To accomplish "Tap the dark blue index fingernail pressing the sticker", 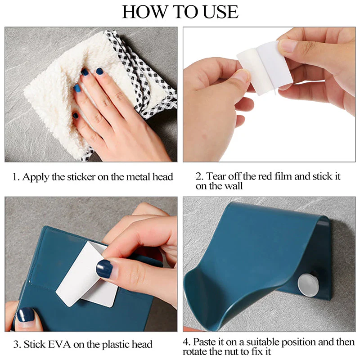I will point(105,269).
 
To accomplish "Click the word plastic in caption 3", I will point(114,345).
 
